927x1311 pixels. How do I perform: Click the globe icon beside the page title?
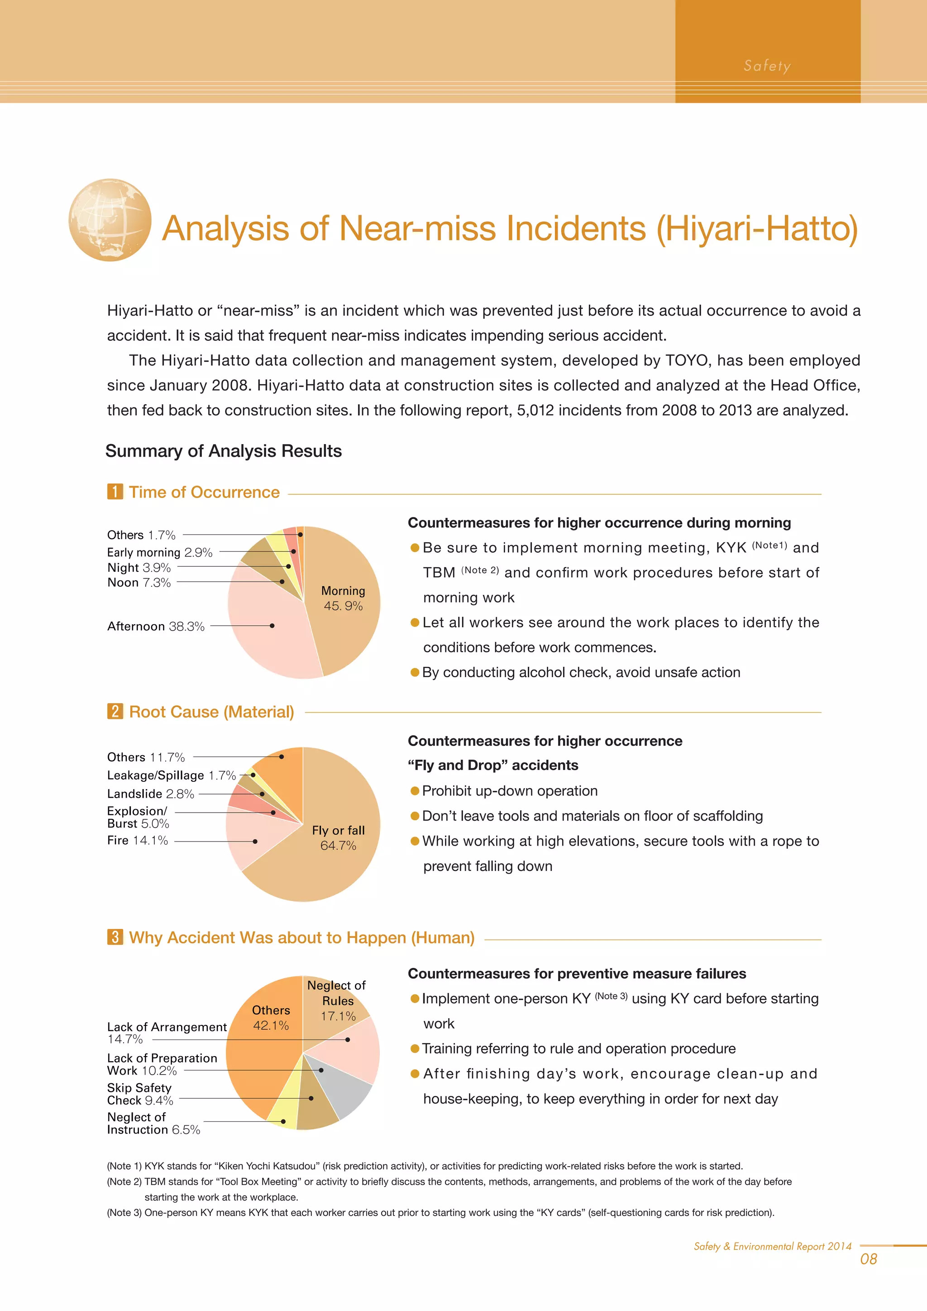(110, 220)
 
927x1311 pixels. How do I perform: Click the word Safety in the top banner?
(767, 66)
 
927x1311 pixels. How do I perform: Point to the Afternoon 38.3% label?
(156, 627)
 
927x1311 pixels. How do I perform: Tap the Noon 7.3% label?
(139, 583)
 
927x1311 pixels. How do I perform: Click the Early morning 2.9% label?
(159, 552)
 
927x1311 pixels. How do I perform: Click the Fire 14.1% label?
(138, 841)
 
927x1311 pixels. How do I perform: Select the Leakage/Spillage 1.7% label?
(171, 775)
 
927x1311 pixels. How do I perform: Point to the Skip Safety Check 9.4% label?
(140, 1094)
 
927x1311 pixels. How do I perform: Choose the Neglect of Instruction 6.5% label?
(153, 1123)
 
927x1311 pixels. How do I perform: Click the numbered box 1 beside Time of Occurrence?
(115, 492)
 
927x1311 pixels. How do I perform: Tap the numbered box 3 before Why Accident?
(115, 937)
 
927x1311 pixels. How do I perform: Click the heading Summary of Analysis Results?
(223, 451)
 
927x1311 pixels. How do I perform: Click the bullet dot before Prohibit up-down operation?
(415, 791)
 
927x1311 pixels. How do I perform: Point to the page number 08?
(868, 1259)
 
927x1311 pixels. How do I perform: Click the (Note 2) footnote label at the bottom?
(124, 1182)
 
